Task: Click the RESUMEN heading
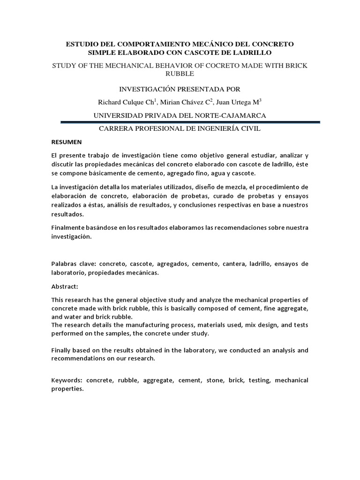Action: click(67, 142)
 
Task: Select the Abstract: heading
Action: click(65, 286)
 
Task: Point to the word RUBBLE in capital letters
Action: click(180, 74)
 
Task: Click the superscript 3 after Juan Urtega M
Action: click(261, 100)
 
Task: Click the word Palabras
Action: click(65, 264)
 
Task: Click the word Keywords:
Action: click(67, 380)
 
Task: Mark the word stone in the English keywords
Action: click(213, 380)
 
